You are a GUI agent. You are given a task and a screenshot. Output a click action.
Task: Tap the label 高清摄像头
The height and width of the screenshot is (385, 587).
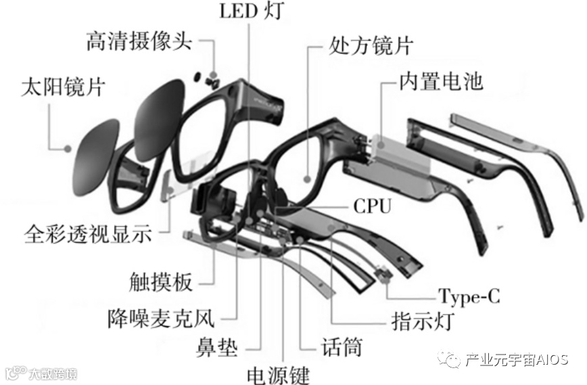tap(139, 42)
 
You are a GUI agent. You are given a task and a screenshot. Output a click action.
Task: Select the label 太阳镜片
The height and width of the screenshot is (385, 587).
tap(57, 87)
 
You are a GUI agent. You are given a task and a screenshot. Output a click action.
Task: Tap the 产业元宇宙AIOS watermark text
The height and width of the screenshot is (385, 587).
tap(517, 361)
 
